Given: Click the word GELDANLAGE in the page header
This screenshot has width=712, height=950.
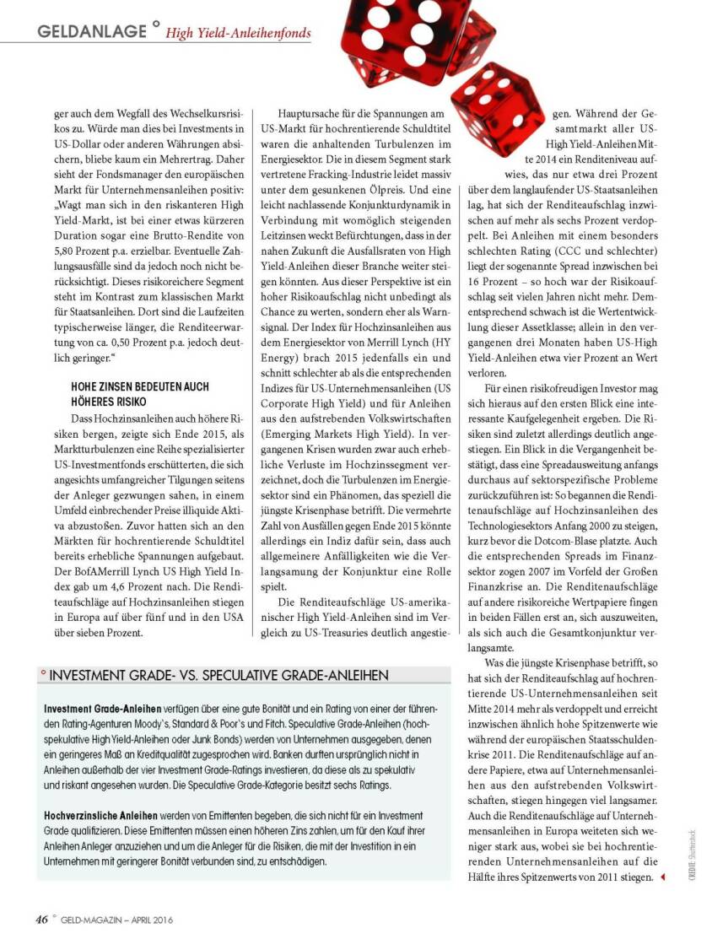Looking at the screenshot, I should pyautogui.click(x=92, y=31).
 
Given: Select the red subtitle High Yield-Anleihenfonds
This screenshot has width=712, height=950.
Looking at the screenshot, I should pyautogui.click(x=238, y=34).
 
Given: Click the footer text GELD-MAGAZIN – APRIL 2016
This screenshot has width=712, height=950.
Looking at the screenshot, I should pyautogui.click(x=116, y=920).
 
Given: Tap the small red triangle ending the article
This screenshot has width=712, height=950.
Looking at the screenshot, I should pyautogui.click(x=662, y=877).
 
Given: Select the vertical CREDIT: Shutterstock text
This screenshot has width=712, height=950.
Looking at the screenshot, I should pyautogui.click(x=691, y=856).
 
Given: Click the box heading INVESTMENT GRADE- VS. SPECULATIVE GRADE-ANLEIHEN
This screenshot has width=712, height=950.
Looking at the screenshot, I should pyautogui.click(x=219, y=676).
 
